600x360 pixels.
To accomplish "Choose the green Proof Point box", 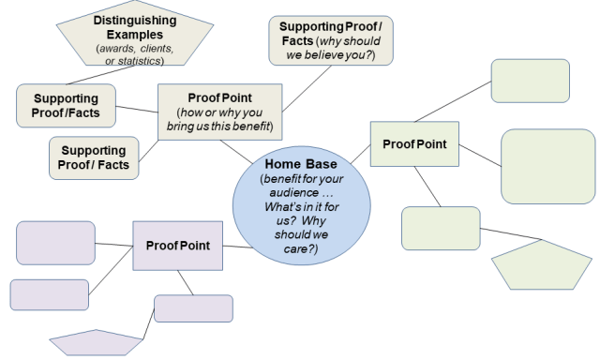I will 414,144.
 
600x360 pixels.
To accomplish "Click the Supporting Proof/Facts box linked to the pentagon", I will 67,106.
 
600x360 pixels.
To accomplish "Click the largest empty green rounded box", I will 547,166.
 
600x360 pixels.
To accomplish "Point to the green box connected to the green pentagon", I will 441,229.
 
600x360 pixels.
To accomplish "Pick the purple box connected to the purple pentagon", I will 193,307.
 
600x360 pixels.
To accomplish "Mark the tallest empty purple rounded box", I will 55,243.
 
